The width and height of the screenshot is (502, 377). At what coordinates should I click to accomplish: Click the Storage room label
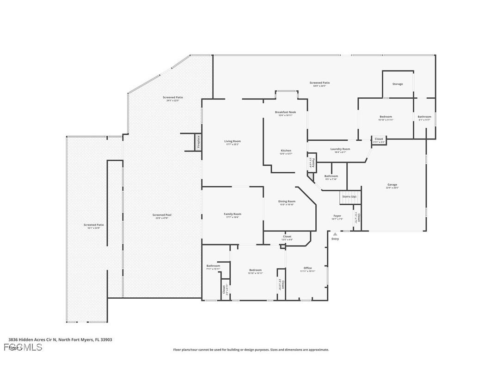click(x=398, y=84)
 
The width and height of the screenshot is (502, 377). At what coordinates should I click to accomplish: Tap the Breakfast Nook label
click(x=285, y=112)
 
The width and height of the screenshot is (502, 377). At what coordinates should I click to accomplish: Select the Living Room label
click(x=233, y=141)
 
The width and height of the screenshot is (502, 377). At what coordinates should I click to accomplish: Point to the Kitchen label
click(x=286, y=151)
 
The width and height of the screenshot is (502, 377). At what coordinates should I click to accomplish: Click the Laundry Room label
click(x=340, y=149)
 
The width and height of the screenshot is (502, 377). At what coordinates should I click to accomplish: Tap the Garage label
click(x=392, y=185)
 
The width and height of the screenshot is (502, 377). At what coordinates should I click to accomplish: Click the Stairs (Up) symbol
click(x=349, y=196)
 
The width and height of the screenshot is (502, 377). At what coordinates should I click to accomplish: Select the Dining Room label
click(x=287, y=201)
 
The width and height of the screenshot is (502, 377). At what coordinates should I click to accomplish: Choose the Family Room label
click(x=233, y=214)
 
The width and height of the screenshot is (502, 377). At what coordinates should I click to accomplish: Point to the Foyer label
click(x=337, y=216)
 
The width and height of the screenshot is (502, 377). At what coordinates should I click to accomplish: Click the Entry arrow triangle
click(x=335, y=234)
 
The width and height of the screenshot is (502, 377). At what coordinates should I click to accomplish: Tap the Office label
click(x=307, y=268)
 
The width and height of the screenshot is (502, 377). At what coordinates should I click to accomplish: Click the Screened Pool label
click(x=162, y=215)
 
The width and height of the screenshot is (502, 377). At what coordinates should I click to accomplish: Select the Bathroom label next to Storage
click(x=424, y=117)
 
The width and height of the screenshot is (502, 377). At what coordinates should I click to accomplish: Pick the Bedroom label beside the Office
click(x=255, y=270)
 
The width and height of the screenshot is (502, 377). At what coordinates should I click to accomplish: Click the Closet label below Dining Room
click(x=287, y=237)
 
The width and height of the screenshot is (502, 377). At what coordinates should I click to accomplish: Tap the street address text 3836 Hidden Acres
click(x=60, y=339)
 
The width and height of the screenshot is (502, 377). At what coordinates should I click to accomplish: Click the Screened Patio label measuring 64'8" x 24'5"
click(x=319, y=83)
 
